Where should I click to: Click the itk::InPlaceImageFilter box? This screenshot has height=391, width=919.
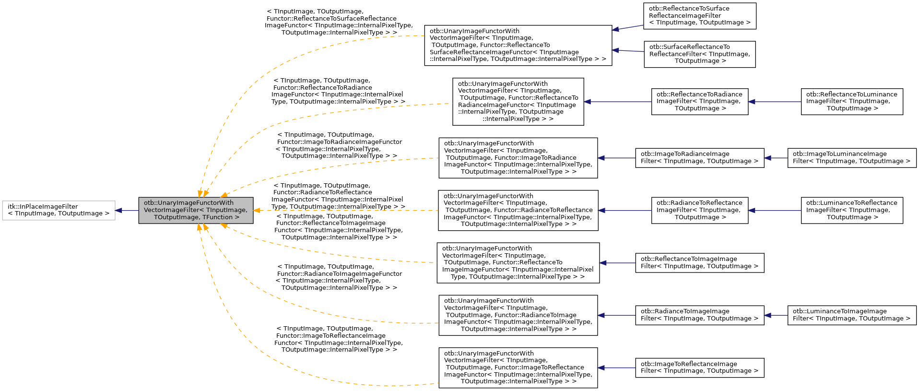[59, 210]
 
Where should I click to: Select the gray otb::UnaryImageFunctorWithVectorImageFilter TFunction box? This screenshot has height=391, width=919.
[196, 210]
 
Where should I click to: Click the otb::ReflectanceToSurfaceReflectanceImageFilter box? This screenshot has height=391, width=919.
[699, 16]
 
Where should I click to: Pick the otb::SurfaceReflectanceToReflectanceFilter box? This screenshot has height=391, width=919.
[699, 54]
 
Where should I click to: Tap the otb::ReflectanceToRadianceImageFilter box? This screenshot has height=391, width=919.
[699, 102]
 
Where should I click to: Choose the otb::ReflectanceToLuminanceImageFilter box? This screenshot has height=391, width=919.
[851, 102]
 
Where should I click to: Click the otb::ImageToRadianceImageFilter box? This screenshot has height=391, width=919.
[699, 158]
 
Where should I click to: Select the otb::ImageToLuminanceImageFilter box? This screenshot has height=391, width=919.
[851, 158]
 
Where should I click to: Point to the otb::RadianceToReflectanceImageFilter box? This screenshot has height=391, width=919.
[699, 210]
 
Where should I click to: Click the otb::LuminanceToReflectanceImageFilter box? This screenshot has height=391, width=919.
[851, 210]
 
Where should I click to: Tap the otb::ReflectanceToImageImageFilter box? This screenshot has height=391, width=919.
[699, 263]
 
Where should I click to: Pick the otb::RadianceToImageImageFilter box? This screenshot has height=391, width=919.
[699, 315]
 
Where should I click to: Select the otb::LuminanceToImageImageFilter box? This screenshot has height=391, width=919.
[851, 315]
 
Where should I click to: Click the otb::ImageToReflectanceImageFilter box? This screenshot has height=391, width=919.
[699, 368]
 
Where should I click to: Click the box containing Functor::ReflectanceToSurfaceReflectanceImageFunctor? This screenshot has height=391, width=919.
[518, 46]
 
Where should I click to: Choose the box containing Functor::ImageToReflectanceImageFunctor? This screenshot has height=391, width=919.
[518, 368]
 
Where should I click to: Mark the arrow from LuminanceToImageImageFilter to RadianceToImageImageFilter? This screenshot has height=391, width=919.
[776, 315]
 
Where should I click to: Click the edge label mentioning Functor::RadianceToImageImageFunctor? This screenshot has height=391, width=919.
[339, 277]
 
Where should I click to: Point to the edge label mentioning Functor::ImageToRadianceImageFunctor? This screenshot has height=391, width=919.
[339, 145]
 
